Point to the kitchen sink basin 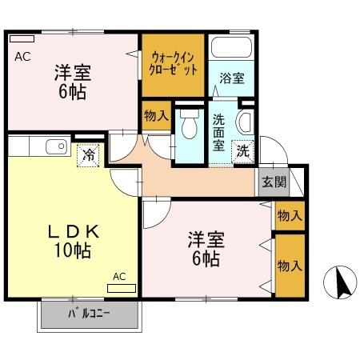pyautogui.click(x=55, y=146)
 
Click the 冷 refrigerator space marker pyautogui.click(x=90, y=154)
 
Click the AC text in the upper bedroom pyautogui.click(x=22, y=56)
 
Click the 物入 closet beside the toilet pyautogui.click(x=155, y=116)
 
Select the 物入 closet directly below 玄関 pyautogui.click(x=290, y=215)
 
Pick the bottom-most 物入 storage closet pyautogui.click(x=290, y=264)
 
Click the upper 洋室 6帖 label pyautogui.click(x=72, y=80)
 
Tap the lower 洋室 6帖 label pyautogui.click(x=206, y=248)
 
